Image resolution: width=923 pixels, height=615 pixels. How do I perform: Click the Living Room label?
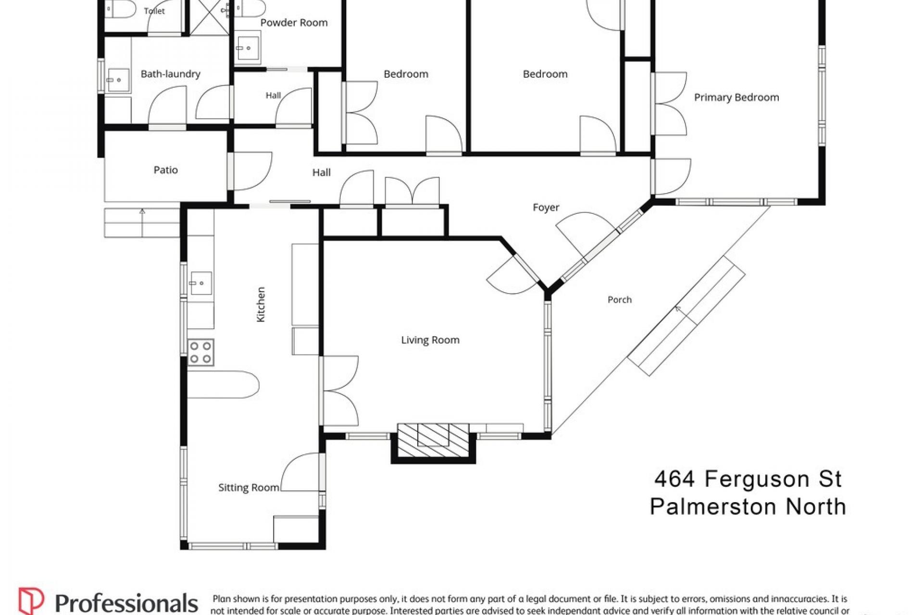coord(430,340)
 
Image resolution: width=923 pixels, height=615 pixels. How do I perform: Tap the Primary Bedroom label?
coord(736,98)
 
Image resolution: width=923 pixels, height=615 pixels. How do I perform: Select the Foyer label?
coord(546,208)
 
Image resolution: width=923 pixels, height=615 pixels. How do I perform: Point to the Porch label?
coord(620,300)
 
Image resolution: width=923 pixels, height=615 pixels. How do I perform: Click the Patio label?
coord(166,170)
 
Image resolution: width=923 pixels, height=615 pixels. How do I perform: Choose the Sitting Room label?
coord(249,488)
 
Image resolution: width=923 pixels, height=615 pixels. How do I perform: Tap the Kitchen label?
coord(261,305)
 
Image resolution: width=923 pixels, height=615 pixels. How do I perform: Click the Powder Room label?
coord(294,23)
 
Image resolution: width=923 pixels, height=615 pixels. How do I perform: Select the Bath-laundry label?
coord(170,74)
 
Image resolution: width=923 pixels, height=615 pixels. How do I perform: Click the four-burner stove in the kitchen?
coord(200,353)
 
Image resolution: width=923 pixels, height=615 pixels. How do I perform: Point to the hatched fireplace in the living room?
coord(434,440)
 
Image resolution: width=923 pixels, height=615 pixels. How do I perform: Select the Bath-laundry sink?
coord(118,80)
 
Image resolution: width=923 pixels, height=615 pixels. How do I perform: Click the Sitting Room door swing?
coord(300,472)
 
